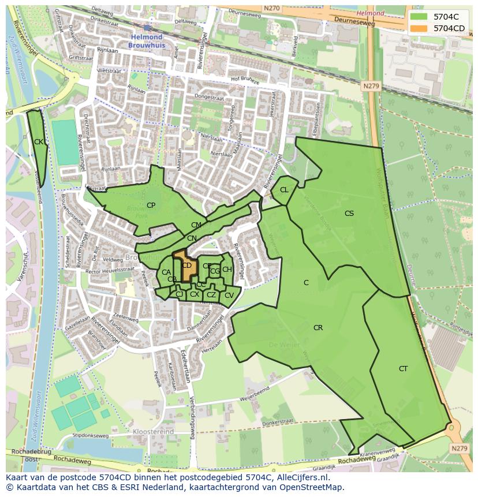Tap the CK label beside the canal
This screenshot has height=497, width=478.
coord(39,142)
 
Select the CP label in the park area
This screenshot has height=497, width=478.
coord(151,205)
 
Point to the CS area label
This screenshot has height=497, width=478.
coord(349,214)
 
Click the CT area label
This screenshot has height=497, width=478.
coord(403,369)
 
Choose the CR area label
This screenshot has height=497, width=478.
coord(318,328)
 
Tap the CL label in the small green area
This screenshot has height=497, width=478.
coord(284,190)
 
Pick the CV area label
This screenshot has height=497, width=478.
coord(229,296)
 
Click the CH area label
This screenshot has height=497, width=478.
coord(227,270)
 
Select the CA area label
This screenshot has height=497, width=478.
coord(166,272)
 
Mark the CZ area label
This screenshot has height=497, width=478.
coord(211,296)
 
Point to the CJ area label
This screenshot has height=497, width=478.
coord(180,294)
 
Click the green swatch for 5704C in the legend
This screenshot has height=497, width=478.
coord(419,17)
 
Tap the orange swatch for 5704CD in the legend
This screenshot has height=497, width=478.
coord(419,28)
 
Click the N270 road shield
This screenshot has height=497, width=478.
coord(271,9)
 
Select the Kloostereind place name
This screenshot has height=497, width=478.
coord(153,431)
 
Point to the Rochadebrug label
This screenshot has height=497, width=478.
coord(26,452)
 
